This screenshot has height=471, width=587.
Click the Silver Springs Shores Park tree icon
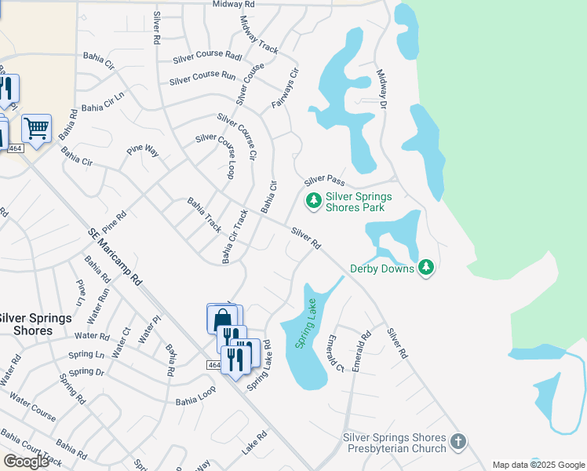click(x=314, y=202)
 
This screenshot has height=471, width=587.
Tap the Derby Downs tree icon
click(x=426, y=268)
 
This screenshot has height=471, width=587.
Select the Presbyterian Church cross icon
click(x=459, y=444)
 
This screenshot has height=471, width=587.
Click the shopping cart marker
click(x=36, y=126)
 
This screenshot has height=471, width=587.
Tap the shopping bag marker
click(x=222, y=319)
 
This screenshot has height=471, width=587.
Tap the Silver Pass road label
click(x=325, y=181)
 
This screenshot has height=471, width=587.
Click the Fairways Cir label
click(x=286, y=88)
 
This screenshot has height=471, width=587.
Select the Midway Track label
click(x=259, y=35)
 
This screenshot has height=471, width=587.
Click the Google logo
click(x=26, y=462)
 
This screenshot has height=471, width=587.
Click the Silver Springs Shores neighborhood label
click(x=35, y=324)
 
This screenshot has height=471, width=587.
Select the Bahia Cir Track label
click(x=235, y=236)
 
